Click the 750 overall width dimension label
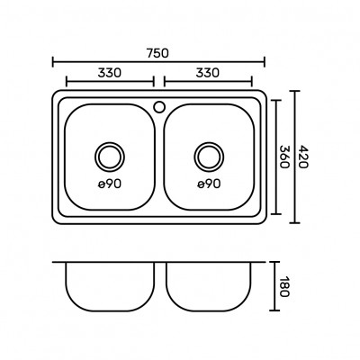pyautogui.click(x=158, y=53)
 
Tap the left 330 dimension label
pyautogui.click(x=110, y=73)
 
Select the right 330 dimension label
pyautogui.click(x=208, y=73)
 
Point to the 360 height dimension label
pyautogui.click(x=283, y=157)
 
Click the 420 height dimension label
pyautogui.click(x=303, y=157)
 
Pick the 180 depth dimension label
pyautogui.click(x=283, y=286)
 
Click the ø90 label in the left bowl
pyautogui.click(x=110, y=184)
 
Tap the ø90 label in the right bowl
pyautogui.click(x=209, y=184)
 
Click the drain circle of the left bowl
pyautogui.click(x=110, y=142)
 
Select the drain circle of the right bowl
pyautogui.click(x=209, y=142)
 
